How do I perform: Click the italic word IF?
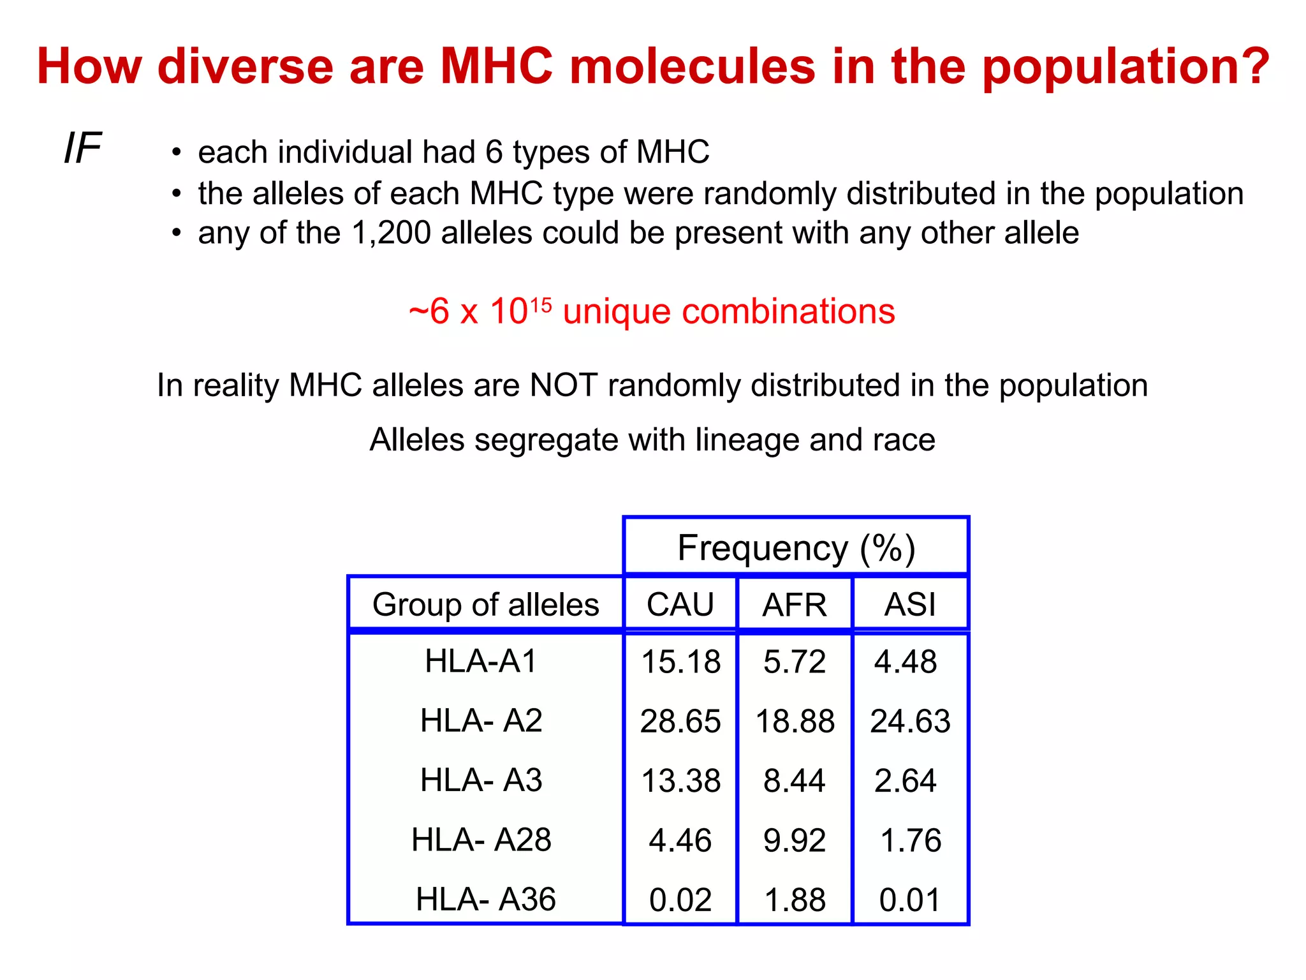click(x=83, y=149)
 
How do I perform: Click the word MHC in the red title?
click(x=497, y=66)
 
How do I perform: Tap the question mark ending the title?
click(x=1252, y=66)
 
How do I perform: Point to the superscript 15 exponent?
click(x=541, y=305)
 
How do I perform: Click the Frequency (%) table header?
click(x=796, y=548)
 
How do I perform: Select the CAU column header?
click(x=680, y=604)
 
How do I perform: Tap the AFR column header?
click(x=795, y=604)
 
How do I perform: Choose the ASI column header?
click(x=910, y=604)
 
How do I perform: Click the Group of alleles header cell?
click(x=486, y=604)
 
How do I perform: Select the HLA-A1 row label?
click(x=481, y=661)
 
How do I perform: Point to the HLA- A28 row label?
click(x=481, y=840)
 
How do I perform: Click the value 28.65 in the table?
click(x=680, y=722)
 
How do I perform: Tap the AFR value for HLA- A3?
click(x=795, y=781)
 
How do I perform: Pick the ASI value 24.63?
click(x=910, y=722)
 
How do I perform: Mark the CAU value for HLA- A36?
click(x=680, y=900)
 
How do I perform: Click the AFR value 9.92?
click(x=795, y=840)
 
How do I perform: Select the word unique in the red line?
click(x=617, y=312)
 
